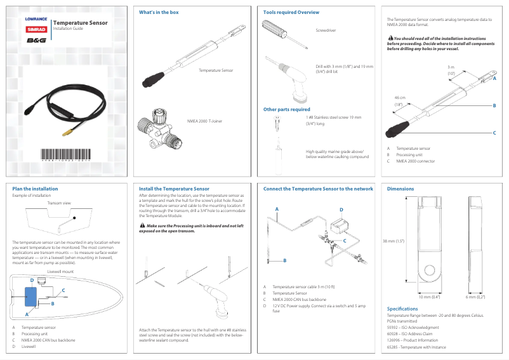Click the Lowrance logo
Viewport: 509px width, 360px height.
click(36, 19)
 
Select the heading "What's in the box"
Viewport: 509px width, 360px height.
click(159, 13)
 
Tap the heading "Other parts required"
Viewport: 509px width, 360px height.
click(286, 109)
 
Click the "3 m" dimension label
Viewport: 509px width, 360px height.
click(451, 67)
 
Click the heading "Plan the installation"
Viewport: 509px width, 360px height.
click(35, 189)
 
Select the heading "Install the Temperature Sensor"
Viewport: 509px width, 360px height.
click(174, 189)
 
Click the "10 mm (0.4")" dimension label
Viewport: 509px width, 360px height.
click(429, 297)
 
